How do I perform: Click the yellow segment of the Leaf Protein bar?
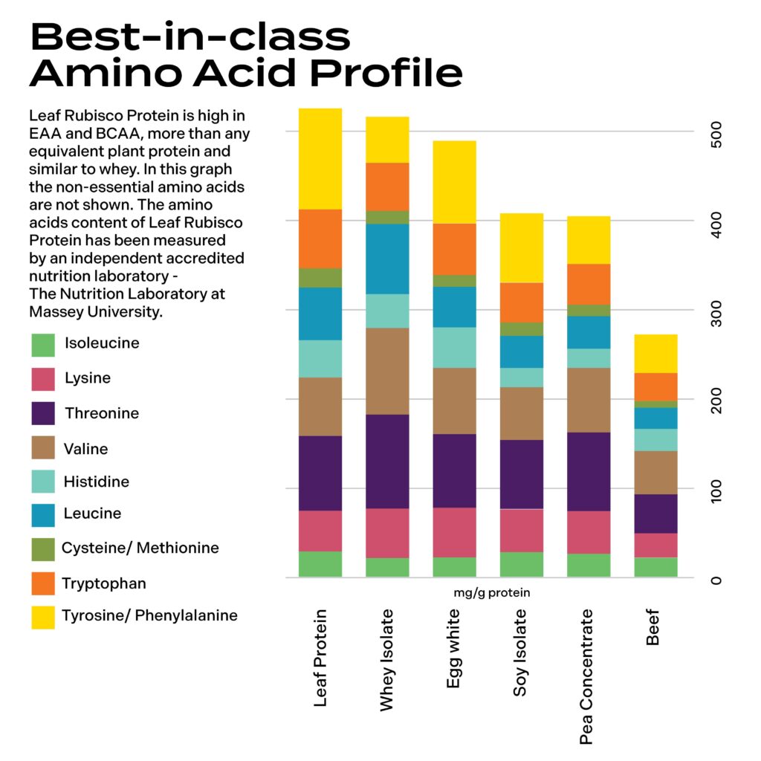[x=320, y=159]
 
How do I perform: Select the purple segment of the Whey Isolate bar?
[x=387, y=462]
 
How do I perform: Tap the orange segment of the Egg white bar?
[x=454, y=249]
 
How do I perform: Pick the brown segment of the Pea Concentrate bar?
[x=588, y=400]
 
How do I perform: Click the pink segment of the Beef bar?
[x=655, y=545]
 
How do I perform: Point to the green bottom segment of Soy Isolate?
[x=521, y=565]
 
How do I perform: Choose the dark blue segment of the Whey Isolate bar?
[x=387, y=259]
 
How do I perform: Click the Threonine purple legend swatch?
[x=43, y=413]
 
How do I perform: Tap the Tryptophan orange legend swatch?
[x=43, y=583]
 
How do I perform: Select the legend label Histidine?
[x=97, y=482]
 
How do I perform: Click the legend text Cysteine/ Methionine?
[x=140, y=548]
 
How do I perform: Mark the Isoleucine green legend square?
[x=43, y=344]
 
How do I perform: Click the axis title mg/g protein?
[x=492, y=593]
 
